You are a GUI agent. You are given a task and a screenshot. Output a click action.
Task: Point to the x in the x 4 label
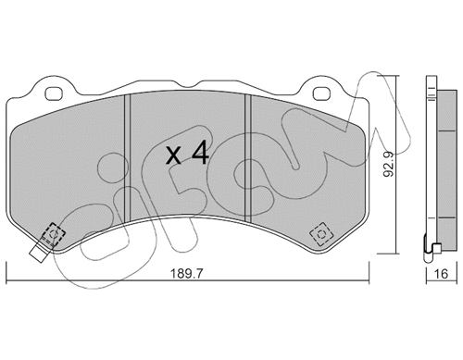coord(173,155)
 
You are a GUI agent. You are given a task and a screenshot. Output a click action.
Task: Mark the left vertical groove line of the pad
coord(128,157)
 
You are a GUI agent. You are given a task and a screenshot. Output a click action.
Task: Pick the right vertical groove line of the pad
coord(246,157)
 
